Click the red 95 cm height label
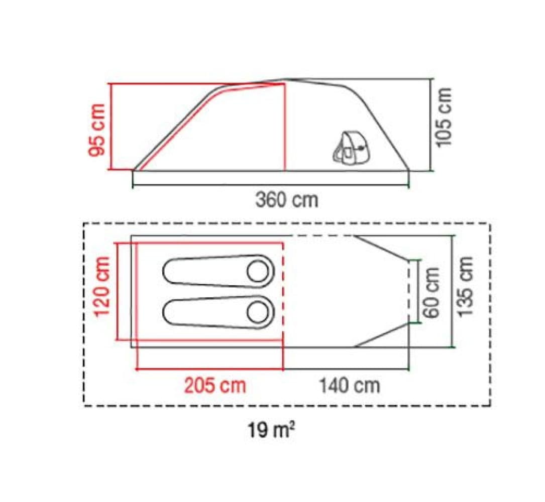[96, 130]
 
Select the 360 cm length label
[287, 200]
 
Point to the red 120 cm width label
[102, 286]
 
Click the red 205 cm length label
[215, 385]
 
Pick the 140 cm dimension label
[349, 385]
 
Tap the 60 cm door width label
[431, 293]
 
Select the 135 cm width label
[465, 286]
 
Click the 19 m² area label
[271, 430]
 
